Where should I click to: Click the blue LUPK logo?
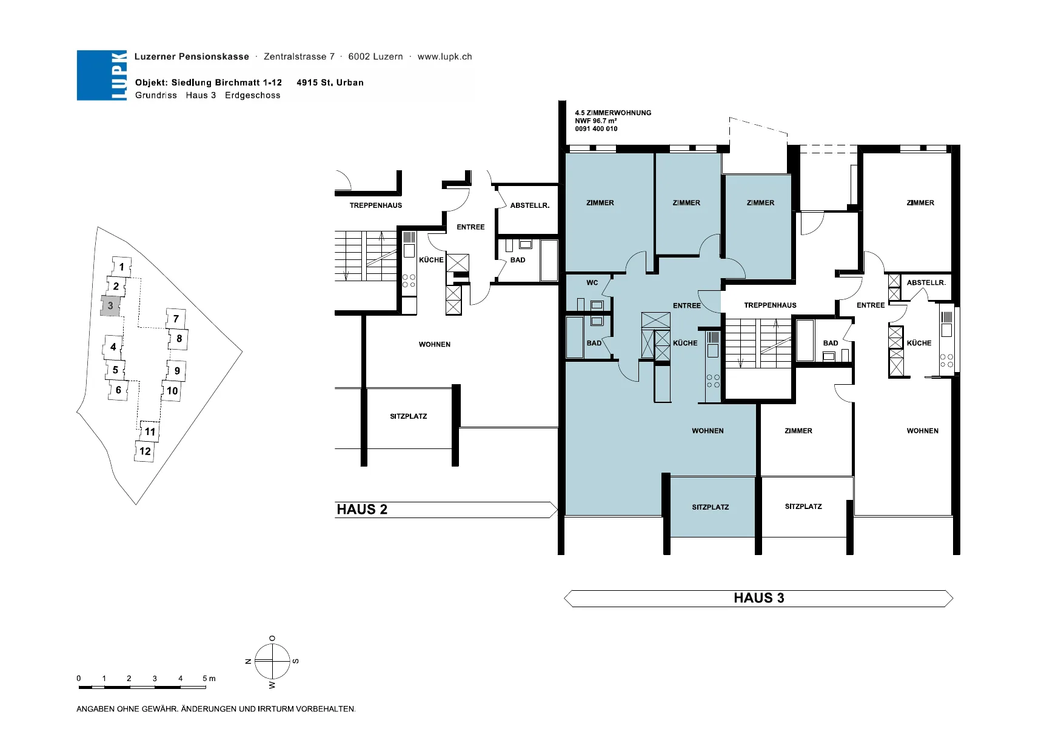click(x=102, y=75)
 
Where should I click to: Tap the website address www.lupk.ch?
click(x=444, y=56)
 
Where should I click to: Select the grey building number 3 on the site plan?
click(x=110, y=305)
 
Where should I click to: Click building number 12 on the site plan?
click(x=145, y=451)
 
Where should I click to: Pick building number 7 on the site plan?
click(x=176, y=318)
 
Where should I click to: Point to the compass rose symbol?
click(x=272, y=661)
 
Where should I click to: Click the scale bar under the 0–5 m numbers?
click(x=142, y=687)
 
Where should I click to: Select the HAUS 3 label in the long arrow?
click(x=758, y=598)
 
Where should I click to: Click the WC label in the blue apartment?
click(x=592, y=282)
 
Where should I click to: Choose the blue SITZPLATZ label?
click(x=710, y=507)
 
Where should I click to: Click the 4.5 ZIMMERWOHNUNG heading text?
click(x=613, y=113)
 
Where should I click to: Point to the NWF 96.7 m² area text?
click(x=596, y=121)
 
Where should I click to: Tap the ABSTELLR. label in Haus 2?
click(x=530, y=205)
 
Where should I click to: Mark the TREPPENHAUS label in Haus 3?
click(x=770, y=305)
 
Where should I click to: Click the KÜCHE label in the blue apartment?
click(x=685, y=343)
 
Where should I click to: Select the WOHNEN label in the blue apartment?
click(x=708, y=431)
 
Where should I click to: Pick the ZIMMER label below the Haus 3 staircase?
click(x=798, y=431)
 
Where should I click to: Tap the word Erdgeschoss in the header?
click(x=252, y=95)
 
